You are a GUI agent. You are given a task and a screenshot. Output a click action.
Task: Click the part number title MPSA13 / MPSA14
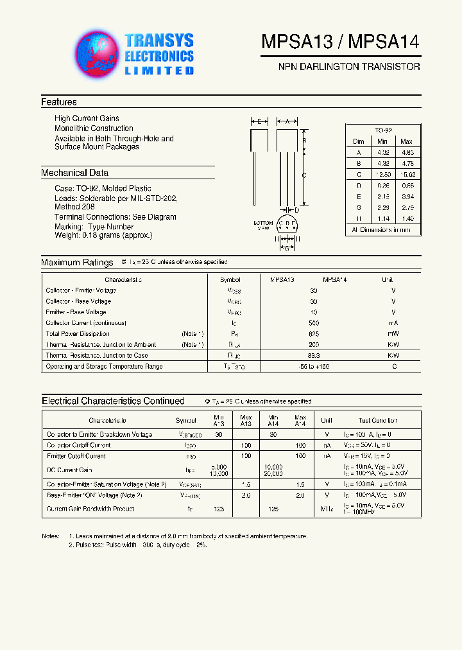tap(340, 42)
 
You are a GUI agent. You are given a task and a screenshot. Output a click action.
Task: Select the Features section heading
tap(59, 102)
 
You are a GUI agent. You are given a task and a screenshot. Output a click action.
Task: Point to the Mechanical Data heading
tap(74, 173)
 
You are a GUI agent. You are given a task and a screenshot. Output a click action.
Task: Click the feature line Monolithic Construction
tap(94, 128)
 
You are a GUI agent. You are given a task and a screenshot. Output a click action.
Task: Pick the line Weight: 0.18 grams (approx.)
tap(103, 235)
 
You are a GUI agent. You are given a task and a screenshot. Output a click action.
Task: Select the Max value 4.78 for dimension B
tap(407, 163)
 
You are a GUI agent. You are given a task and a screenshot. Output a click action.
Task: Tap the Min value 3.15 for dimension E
tap(382, 197)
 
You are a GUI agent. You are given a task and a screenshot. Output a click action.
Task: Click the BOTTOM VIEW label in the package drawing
tap(264, 225)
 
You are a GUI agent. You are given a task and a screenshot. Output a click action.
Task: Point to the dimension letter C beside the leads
tap(304, 175)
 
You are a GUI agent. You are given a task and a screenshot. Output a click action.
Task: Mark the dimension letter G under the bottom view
tap(287, 248)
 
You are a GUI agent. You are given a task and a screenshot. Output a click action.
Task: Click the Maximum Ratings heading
tap(69, 262)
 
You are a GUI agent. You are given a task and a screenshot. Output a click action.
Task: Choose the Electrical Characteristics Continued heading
tap(113, 401)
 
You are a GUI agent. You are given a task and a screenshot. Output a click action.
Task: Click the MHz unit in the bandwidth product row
tap(326, 509)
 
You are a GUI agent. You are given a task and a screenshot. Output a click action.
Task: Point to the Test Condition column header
tap(377, 421)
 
